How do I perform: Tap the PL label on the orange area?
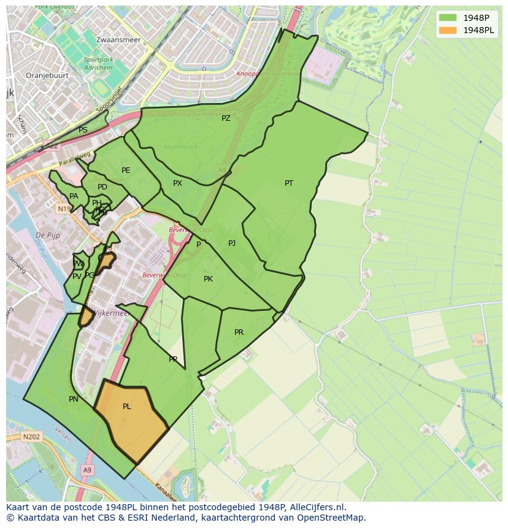[126, 407]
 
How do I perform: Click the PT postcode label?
[289, 183]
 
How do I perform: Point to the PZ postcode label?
[226, 118]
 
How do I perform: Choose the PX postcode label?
[177, 183]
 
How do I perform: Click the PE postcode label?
[126, 170]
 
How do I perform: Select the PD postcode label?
[102, 187]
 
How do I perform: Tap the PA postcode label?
[74, 196]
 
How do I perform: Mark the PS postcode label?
[83, 130]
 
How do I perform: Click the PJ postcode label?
[232, 243]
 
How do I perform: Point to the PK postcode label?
[208, 279]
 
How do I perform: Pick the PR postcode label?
[239, 332]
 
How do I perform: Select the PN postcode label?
[74, 399]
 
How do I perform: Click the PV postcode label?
[77, 277]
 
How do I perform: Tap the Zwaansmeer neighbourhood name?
[118, 40]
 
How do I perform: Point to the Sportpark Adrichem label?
[98, 64]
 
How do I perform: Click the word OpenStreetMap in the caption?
[330, 518]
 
